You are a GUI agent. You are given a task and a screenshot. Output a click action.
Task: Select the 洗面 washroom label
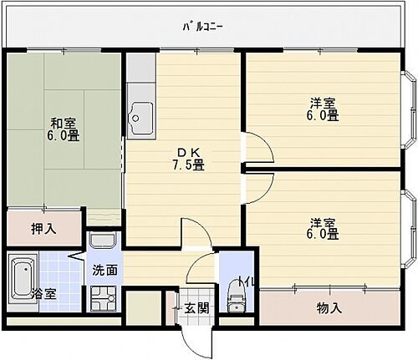[105, 271]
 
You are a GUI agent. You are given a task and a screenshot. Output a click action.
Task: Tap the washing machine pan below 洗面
[104, 299]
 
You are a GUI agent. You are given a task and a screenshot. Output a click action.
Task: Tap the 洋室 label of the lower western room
[324, 222]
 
